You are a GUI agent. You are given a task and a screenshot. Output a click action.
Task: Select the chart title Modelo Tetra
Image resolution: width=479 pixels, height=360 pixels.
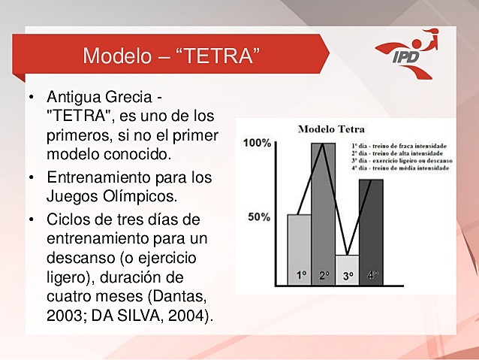(x=332, y=129)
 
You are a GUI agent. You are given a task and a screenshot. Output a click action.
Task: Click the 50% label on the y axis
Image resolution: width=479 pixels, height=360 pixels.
(x=260, y=217)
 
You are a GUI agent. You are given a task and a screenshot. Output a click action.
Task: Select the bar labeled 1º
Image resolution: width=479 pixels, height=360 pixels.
(x=300, y=248)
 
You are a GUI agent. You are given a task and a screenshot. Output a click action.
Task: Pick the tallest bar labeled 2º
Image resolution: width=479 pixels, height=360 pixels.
(x=324, y=214)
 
